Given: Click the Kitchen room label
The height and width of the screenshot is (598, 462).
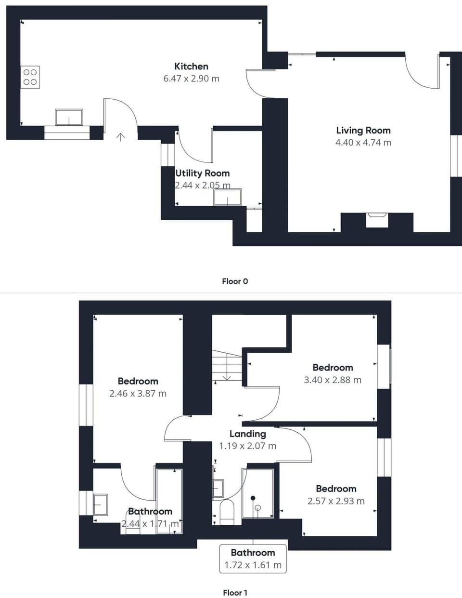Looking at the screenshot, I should tap(191, 66).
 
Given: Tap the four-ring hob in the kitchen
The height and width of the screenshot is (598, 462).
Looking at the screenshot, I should tap(30, 77).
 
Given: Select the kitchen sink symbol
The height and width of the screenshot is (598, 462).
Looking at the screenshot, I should tap(69, 117).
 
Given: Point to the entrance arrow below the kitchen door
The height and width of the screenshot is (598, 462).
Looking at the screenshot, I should tap(120, 137).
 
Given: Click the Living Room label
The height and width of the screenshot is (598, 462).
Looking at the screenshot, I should tap(363, 130).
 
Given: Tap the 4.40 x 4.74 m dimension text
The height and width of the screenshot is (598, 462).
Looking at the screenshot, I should tap(363, 143).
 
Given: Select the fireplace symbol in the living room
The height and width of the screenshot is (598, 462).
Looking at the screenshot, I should tap(377, 219).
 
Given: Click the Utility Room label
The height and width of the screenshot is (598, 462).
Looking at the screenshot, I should tap(202, 173).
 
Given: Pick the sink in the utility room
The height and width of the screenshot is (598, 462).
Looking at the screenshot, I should tap(228, 197).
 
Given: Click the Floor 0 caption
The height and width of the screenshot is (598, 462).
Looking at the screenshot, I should tap(235, 281).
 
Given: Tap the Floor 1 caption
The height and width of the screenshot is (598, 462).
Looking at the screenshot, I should tap(235, 593).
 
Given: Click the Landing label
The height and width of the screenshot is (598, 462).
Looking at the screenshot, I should tap(247, 434).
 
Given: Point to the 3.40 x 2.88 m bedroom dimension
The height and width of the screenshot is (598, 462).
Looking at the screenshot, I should tap(332, 380).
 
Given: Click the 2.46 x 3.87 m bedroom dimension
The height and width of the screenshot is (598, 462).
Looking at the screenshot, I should tap(138, 393).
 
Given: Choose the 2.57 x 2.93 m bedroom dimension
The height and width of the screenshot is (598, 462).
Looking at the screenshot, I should tap(336, 501).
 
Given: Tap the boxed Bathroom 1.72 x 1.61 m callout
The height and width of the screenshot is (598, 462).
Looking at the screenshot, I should tap(253, 559).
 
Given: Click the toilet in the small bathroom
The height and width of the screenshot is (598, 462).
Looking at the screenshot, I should tap(227, 512).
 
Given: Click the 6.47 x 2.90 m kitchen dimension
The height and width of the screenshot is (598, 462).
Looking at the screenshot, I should tap(191, 79).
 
